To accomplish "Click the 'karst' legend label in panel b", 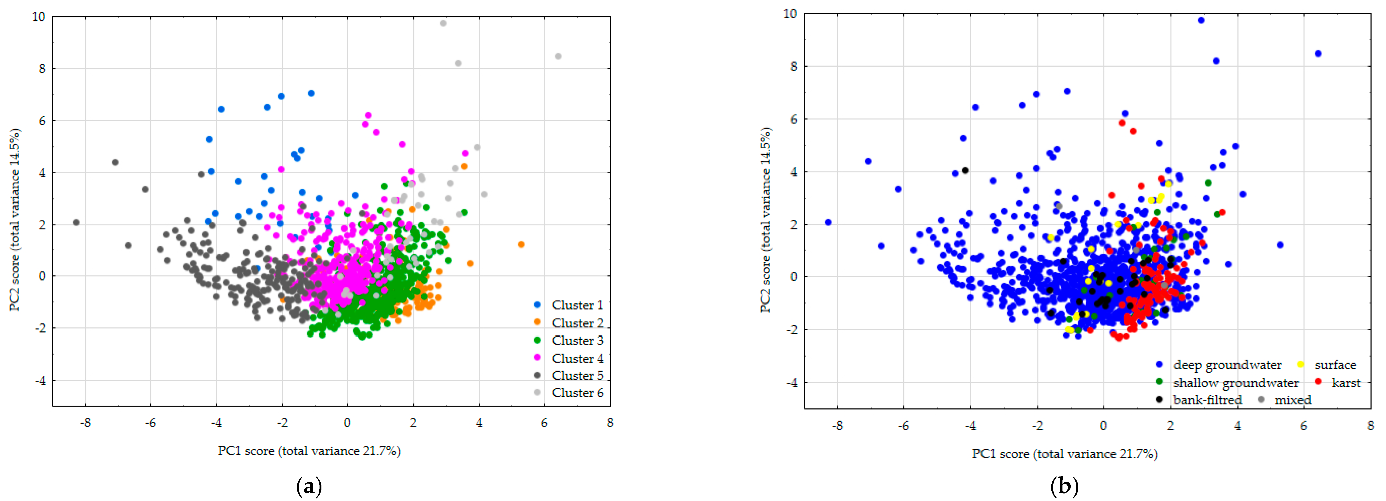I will click(1346, 383).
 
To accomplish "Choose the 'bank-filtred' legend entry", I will click(1207, 400).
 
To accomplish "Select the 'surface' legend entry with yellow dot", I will click(1334, 364).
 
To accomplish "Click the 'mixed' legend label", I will click(1292, 400).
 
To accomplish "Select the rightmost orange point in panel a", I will click(521, 245).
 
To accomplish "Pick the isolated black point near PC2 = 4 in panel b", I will click(965, 171).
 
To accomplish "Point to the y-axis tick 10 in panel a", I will click(39, 17).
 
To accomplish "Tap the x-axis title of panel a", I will click(309, 450).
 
